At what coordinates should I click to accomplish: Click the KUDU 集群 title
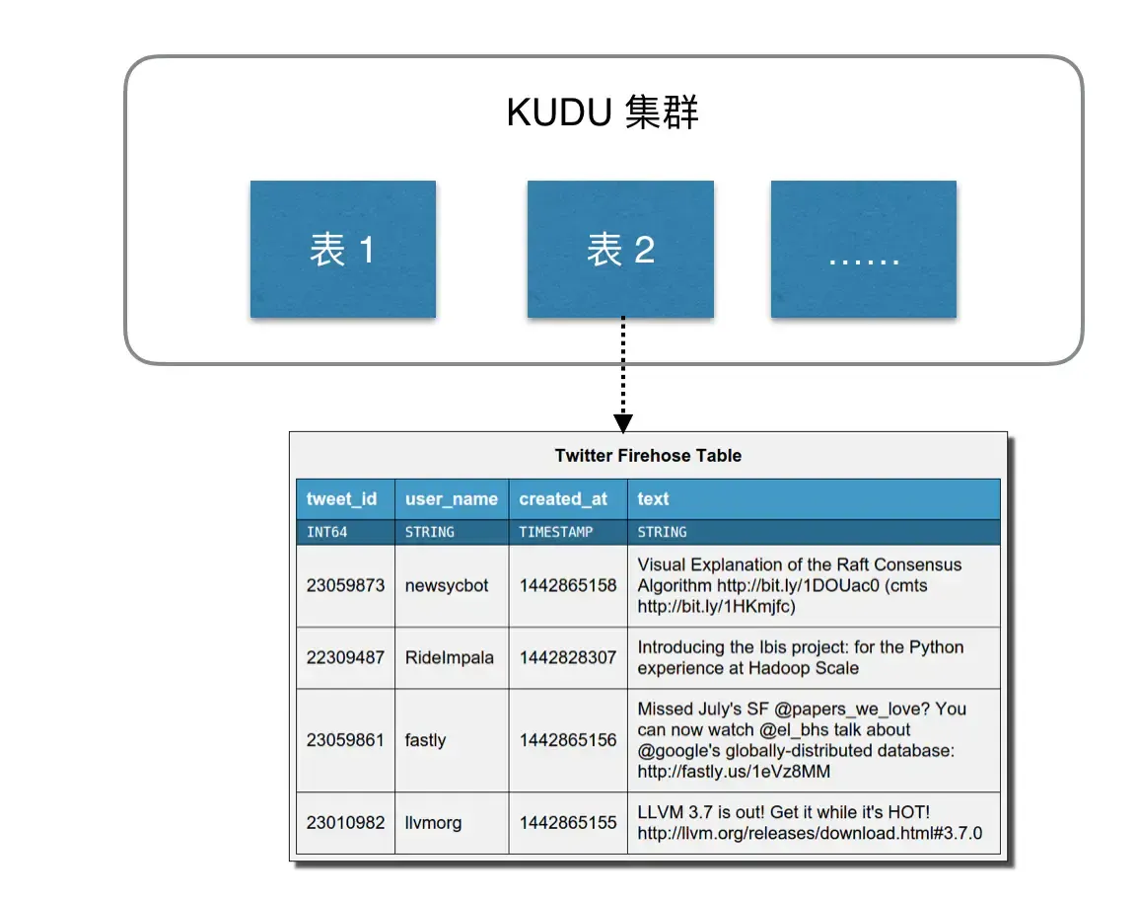pos(603,113)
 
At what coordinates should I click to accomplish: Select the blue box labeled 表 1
pos(342,250)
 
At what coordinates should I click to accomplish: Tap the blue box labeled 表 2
pos(620,250)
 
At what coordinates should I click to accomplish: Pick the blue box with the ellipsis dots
pos(863,250)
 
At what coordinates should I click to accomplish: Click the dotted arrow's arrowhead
pos(622,422)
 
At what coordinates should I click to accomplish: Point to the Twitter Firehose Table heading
pos(648,456)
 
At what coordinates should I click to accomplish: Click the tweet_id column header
pos(341,499)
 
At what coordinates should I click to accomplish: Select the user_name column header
pos(451,499)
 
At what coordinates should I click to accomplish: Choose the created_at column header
pos(563,499)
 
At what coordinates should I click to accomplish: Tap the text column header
pos(653,499)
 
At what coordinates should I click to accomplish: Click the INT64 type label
pos(326,532)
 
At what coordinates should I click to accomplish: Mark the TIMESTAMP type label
pos(556,532)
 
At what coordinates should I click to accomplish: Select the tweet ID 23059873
pos(345,585)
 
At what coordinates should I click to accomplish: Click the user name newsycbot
pos(447,585)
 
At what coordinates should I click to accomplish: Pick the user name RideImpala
pos(449,657)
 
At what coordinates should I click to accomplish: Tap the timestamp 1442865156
pos(568,740)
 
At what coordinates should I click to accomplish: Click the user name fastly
pos(425,740)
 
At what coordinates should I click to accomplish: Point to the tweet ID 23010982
pos(345,822)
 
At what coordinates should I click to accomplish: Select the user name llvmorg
pos(433,822)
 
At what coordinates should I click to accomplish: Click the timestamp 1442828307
pos(568,657)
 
